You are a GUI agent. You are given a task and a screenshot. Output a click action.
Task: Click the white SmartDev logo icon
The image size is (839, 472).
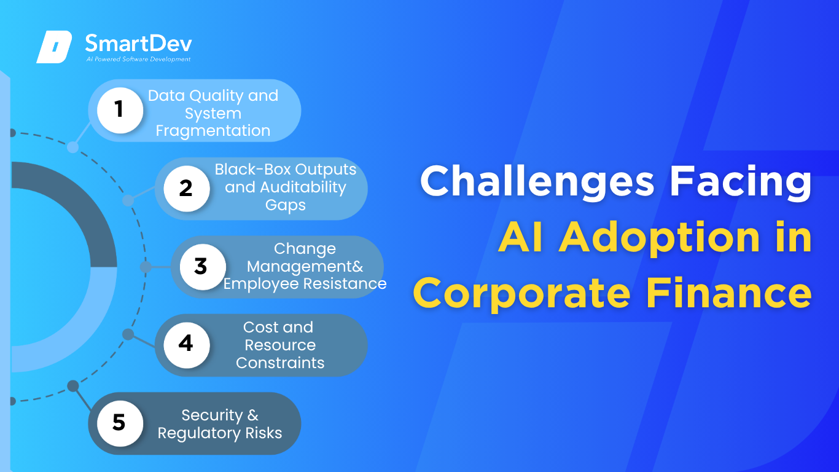(x=54, y=47)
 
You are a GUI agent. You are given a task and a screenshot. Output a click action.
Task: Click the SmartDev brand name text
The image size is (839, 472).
(x=139, y=43)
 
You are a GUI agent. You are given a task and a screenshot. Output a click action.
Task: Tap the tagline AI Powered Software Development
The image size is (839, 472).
(x=139, y=59)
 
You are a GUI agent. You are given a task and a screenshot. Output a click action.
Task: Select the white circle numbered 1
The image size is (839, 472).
(x=120, y=110)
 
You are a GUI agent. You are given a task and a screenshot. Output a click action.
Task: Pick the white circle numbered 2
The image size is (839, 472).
(x=187, y=189)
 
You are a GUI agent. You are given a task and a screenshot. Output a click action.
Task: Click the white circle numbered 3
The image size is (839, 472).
(x=203, y=267)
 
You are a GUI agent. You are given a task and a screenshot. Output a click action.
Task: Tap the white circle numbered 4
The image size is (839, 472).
(x=187, y=345)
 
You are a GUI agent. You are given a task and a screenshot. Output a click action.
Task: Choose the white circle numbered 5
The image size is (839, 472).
(x=120, y=423)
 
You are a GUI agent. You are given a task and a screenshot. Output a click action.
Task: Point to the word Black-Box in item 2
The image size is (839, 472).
(x=253, y=170)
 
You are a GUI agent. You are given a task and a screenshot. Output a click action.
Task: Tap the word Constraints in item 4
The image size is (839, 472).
(x=280, y=363)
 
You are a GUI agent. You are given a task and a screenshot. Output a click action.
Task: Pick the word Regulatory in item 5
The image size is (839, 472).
(x=200, y=434)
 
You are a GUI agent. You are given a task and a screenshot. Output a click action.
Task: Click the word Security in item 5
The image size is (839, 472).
(x=213, y=415)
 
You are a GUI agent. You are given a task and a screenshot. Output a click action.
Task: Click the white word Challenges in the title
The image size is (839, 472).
(x=537, y=183)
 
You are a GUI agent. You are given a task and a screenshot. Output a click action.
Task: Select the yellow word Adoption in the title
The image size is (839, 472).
(x=659, y=238)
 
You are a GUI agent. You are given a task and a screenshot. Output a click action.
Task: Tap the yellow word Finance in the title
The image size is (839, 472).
(x=728, y=293)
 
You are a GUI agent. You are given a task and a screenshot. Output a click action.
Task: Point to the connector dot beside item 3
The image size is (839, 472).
(x=146, y=267)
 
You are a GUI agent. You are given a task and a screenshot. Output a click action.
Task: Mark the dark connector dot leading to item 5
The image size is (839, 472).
(x=73, y=386)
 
